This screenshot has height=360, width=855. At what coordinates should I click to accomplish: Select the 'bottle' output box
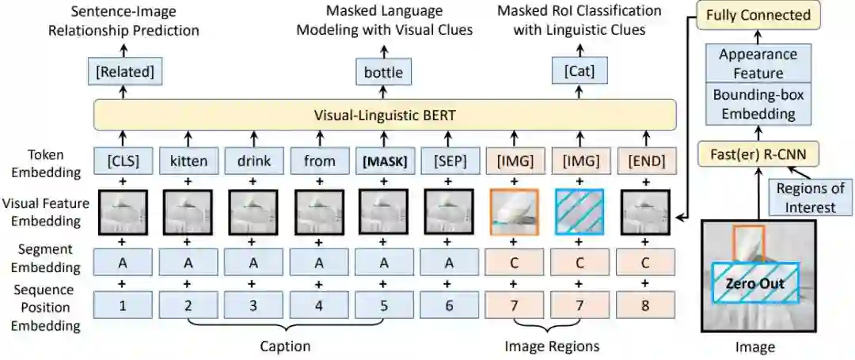pyautogui.click(x=383, y=73)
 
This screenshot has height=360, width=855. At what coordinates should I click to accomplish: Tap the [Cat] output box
pyautogui.click(x=578, y=73)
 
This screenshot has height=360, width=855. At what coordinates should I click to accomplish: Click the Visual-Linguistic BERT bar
pyautogui.click(x=385, y=116)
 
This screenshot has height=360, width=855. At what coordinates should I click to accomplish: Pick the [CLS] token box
pyautogui.click(x=122, y=161)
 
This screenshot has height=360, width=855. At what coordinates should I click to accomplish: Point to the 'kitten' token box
pyautogui.click(x=188, y=161)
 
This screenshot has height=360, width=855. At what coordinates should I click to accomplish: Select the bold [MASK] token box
pyautogui.click(x=383, y=161)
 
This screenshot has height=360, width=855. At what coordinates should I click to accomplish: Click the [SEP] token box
pyautogui.click(x=448, y=161)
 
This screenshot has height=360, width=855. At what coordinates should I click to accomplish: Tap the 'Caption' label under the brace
pyautogui.click(x=285, y=346)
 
